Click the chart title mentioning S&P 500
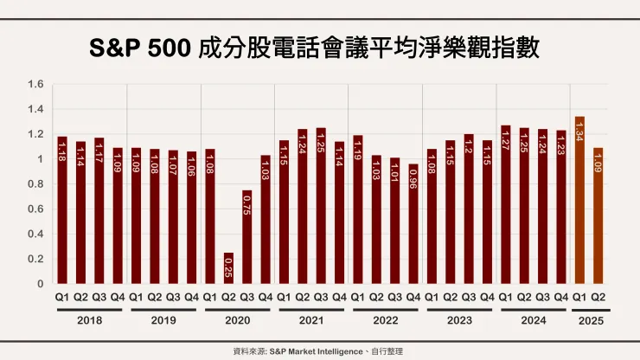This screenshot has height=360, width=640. (x=319, y=47)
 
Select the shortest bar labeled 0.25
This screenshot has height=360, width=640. (x=228, y=268)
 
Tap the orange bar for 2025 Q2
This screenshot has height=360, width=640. (x=598, y=215)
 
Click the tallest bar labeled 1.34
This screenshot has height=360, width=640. (x=579, y=200)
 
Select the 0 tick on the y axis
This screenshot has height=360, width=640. (x=40, y=284)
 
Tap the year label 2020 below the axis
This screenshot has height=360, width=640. (x=238, y=319)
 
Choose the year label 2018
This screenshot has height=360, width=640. (x=90, y=319)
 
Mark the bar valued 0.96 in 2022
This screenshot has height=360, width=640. (x=413, y=224)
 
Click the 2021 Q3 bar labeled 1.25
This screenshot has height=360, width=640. (x=321, y=206)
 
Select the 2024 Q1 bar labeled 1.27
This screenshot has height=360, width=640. (x=505, y=205)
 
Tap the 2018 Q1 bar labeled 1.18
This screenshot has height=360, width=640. (x=62, y=210)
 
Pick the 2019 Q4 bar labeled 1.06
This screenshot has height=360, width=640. (x=191, y=218)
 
